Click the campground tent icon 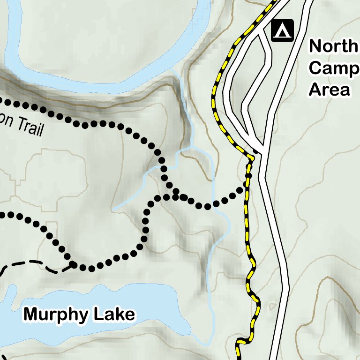tap(282, 30)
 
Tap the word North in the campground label tap(333, 46)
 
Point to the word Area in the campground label tap(330, 89)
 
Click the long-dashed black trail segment tap(28, 263)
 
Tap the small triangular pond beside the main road tap(273, 307)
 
